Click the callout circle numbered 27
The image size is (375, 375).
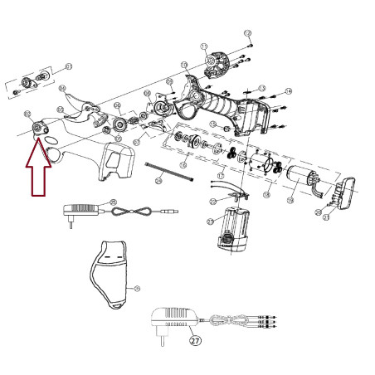coord(195,339)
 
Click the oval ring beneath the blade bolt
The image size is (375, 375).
coord(51,154)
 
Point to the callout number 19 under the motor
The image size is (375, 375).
coord(291,200)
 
